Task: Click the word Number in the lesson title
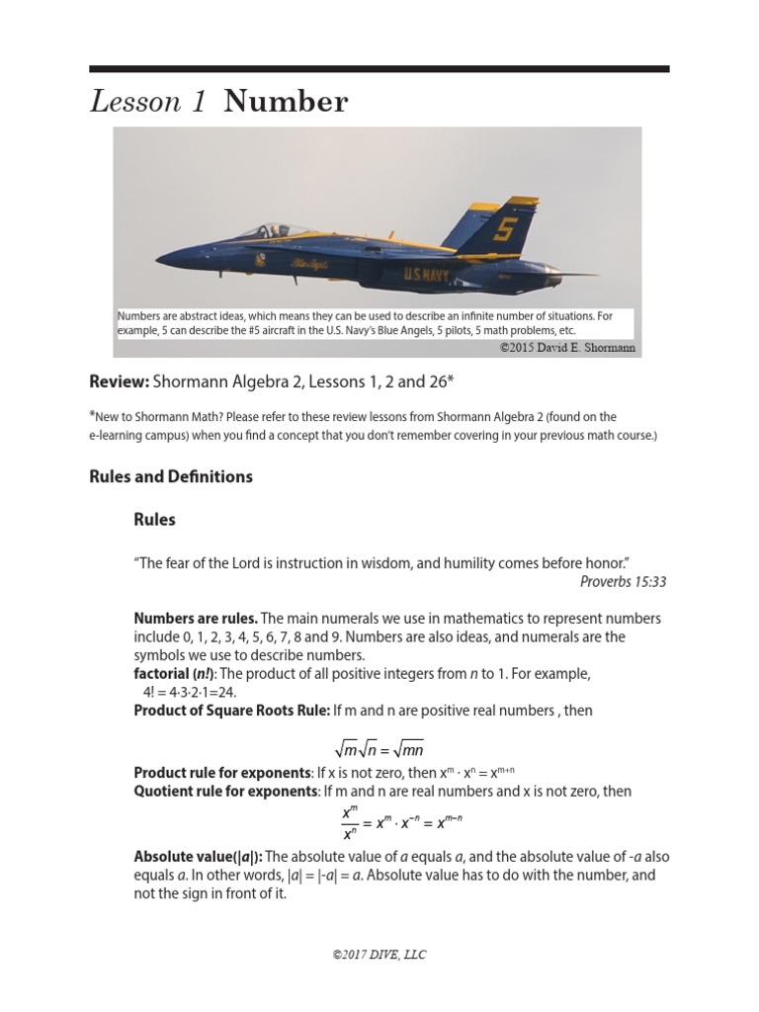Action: [x=286, y=102]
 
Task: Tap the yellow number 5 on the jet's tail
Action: [x=505, y=229]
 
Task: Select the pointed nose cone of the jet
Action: [x=168, y=260]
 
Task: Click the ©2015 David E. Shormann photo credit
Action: [x=568, y=348]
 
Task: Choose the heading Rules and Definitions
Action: [x=171, y=476]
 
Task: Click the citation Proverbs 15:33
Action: [x=623, y=581]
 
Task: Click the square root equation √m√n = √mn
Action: [x=379, y=748]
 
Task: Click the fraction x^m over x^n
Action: [x=349, y=822]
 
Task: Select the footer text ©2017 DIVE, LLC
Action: [x=379, y=955]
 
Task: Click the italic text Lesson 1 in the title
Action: [x=148, y=102]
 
